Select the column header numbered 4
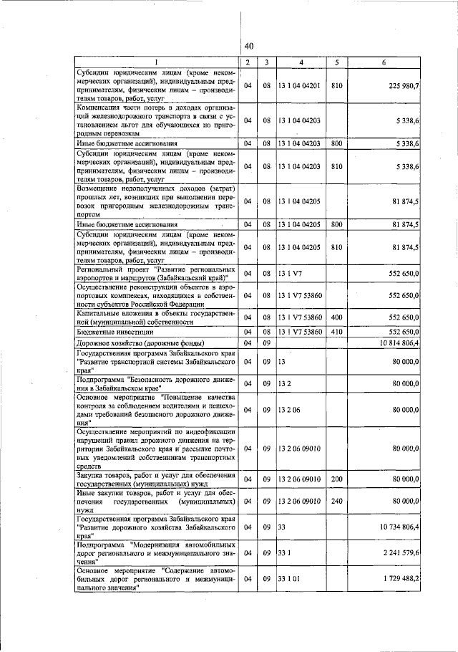[x=301, y=63]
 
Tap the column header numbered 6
[x=384, y=63]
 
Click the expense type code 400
[x=338, y=317]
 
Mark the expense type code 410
[x=338, y=332]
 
